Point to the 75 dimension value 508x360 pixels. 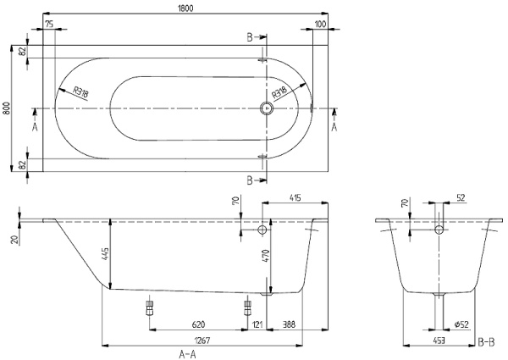(50, 25)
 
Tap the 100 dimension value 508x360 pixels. (319, 25)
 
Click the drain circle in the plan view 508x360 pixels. (267, 108)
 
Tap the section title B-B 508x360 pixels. (487, 341)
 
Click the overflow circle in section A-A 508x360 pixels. (263, 231)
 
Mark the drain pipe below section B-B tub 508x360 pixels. (439, 309)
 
